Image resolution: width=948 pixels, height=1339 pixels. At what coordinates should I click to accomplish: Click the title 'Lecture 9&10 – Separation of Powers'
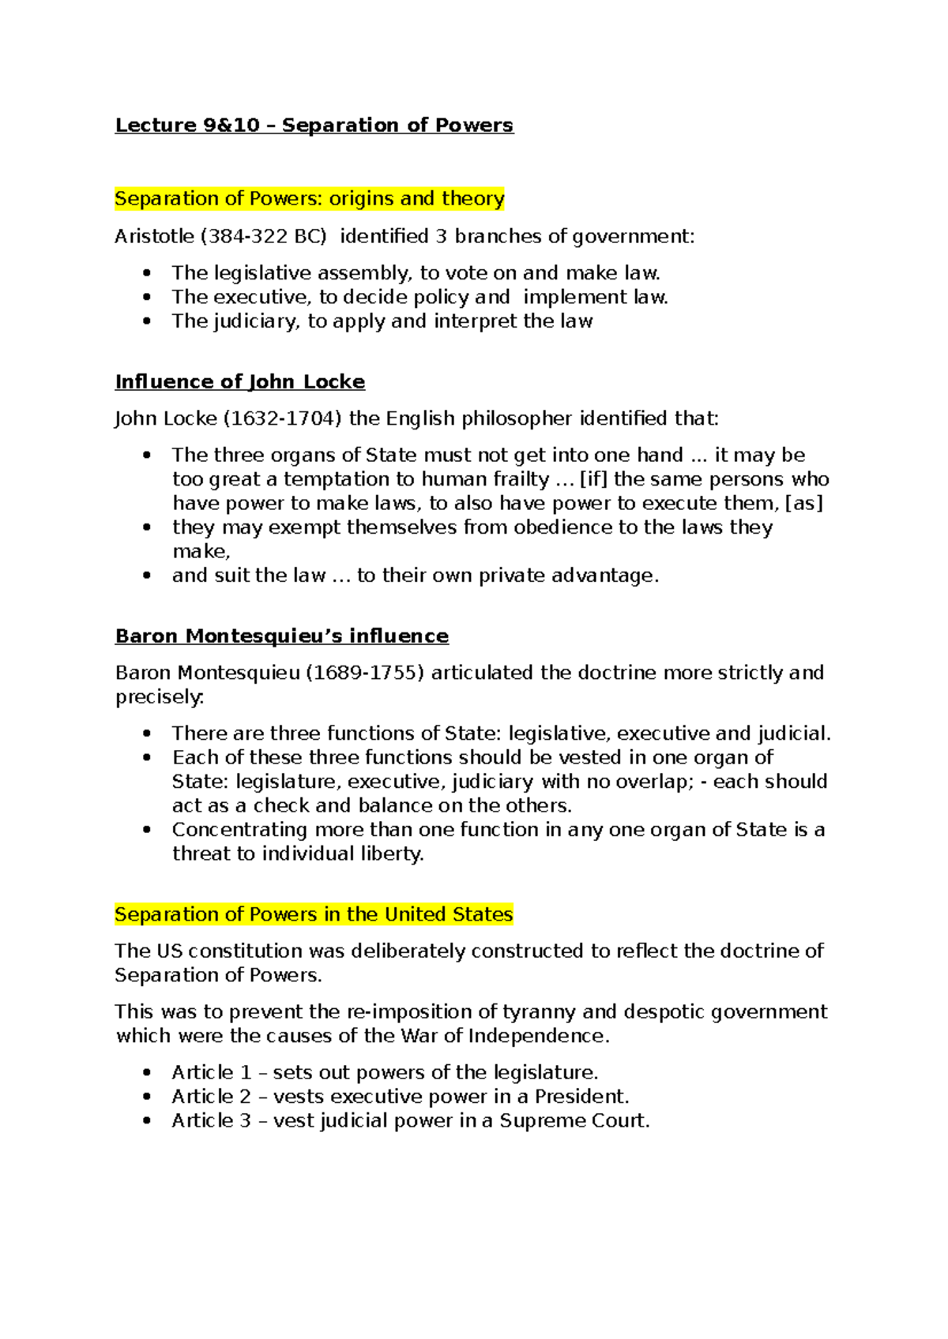[x=314, y=126]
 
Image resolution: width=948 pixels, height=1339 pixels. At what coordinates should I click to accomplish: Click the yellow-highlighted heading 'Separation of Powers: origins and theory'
[x=309, y=198]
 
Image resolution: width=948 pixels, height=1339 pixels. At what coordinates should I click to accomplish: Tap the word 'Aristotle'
[x=154, y=237]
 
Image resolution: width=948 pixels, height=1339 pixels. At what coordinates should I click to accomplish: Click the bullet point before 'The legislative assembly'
[x=146, y=273]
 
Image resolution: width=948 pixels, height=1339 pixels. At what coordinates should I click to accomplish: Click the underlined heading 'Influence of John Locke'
[x=239, y=382]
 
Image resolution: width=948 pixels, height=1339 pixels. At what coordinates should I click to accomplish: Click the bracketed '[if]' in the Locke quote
[x=593, y=479]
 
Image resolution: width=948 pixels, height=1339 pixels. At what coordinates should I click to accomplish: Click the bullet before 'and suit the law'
[x=146, y=576]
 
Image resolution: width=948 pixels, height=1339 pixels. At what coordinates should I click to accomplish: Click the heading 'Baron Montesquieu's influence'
[x=281, y=636]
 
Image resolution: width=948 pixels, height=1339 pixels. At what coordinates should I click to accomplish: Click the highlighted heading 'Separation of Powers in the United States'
[x=314, y=914]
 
